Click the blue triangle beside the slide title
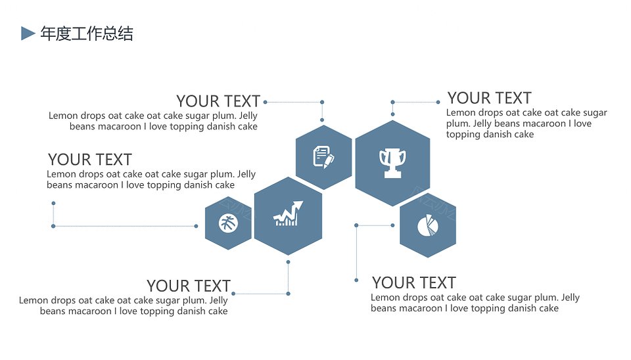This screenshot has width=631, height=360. (x=28, y=34)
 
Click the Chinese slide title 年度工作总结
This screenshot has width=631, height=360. (x=87, y=34)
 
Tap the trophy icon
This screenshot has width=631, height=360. (x=392, y=163)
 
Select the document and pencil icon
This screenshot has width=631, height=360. (x=323, y=157)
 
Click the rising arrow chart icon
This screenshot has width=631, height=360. (x=288, y=214)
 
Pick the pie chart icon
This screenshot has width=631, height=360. (x=427, y=225)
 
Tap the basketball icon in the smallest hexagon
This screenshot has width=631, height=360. (x=228, y=223)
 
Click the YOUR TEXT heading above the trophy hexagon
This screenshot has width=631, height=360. (x=489, y=98)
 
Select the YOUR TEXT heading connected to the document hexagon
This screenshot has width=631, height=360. (x=218, y=101)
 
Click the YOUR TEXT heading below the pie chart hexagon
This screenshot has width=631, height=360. (x=413, y=282)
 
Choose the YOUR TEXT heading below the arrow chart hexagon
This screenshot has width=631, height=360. (x=189, y=286)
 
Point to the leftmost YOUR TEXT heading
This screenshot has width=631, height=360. (x=90, y=160)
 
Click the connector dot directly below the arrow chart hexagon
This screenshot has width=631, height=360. (x=288, y=262)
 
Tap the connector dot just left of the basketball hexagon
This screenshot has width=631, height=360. (x=196, y=226)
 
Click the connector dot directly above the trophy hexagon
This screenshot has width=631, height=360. (x=393, y=115)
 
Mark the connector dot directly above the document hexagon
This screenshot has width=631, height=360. (x=322, y=120)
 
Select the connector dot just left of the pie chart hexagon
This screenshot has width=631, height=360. (x=392, y=225)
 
